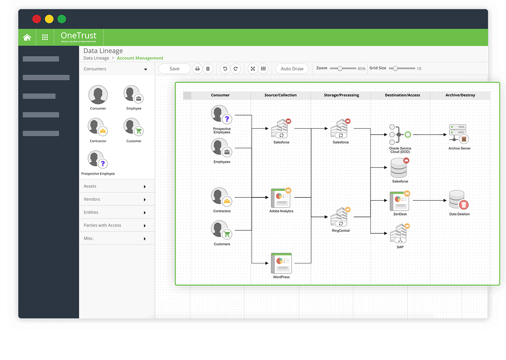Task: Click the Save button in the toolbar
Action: [x=175, y=69]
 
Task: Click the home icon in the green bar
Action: [x=27, y=37]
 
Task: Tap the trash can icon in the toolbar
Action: [x=208, y=69]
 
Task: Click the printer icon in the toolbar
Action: [x=197, y=69]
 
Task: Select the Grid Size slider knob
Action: [x=395, y=68]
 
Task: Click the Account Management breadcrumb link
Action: [x=140, y=58]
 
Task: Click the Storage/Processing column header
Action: [x=341, y=95]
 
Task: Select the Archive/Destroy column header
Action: [x=460, y=95]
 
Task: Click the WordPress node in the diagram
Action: [x=281, y=263]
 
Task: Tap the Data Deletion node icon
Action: [x=459, y=200]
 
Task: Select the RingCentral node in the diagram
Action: [x=340, y=217]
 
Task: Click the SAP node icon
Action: [x=400, y=233]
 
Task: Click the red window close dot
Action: [x=37, y=19]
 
